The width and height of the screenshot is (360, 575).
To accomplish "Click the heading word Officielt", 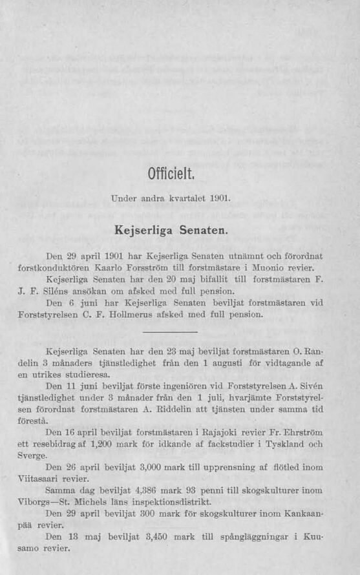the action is [x=171, y=174].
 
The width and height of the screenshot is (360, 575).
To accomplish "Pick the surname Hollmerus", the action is [x=149, y=315].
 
